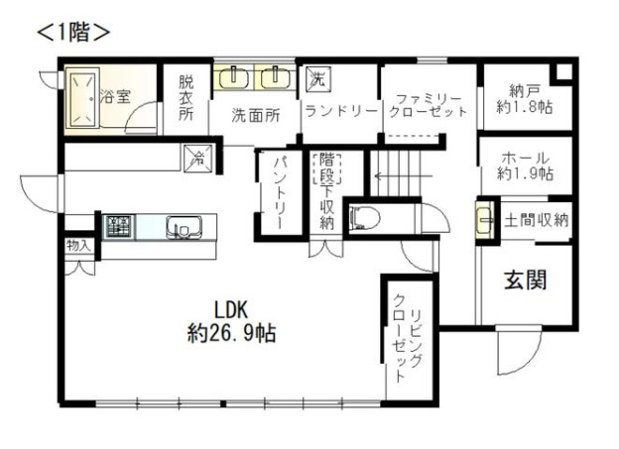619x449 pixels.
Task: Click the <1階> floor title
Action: [72, 31]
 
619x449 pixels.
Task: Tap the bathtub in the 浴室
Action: [81, 97]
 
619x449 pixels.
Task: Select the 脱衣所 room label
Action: [186, 98]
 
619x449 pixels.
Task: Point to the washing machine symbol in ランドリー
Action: [317, 77]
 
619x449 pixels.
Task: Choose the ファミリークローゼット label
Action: [428, 105]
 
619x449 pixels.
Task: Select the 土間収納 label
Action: [536, 220]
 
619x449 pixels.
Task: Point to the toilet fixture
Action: [363, 217]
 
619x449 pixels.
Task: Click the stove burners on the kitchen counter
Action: [118, 225]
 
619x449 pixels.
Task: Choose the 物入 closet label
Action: [78, 244]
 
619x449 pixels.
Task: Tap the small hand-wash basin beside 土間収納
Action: [484, 220]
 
